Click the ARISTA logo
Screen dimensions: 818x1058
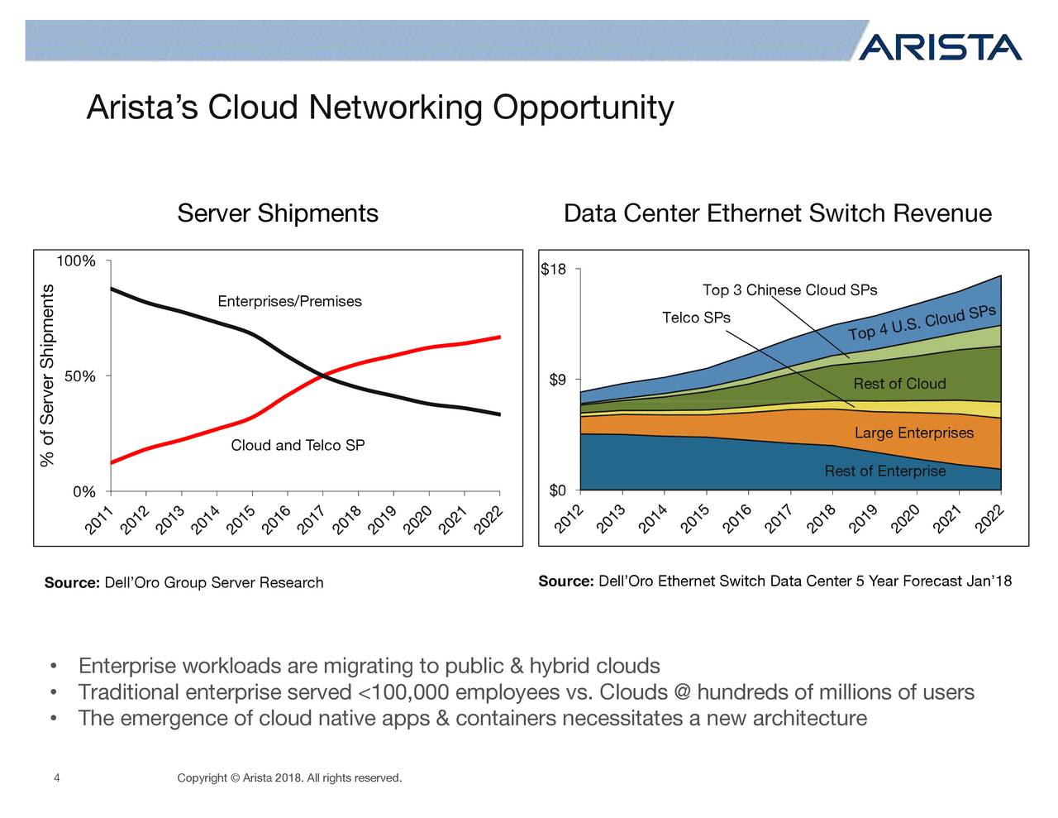coord(940,47)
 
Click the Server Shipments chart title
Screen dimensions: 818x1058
coord(278,213)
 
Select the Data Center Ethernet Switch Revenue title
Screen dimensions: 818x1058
coord(777,213)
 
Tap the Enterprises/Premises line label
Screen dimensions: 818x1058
coord(289,301)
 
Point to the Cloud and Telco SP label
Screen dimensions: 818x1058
coord(298,446)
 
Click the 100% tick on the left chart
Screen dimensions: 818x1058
coord(75,262)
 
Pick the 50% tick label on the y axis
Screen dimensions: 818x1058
coord(79,377)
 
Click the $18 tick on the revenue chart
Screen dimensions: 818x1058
coord(553,270)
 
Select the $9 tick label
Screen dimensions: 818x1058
coord(557,380)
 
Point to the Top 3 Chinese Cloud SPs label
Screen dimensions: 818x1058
coord(789,290)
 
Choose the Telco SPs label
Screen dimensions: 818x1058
coord(696,318)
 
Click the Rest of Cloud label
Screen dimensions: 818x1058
coord(899,384)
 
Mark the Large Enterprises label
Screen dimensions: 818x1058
coord(913,433)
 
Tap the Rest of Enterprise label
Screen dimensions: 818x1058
coord(884,471)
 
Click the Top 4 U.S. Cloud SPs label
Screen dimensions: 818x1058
coord(922,323)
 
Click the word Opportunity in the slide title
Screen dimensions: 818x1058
coord(583,108)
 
